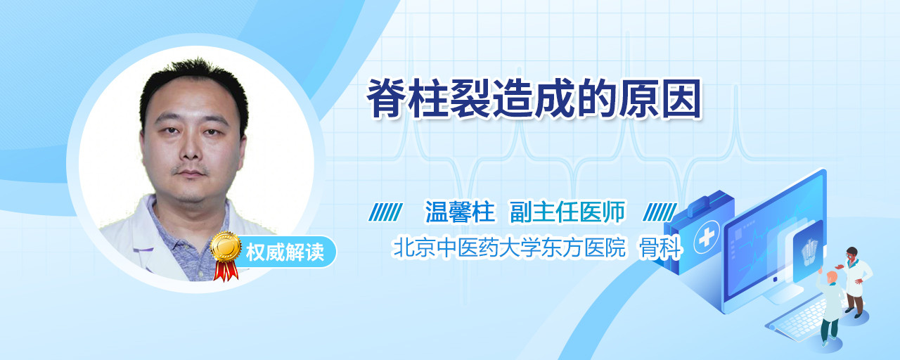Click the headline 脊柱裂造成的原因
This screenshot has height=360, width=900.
click(x=534, y=99)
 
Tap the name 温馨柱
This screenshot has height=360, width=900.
click(x=460, y=212)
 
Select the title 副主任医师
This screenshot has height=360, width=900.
click(x=567, y=212)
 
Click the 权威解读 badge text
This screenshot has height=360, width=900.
click(x=285, y=252)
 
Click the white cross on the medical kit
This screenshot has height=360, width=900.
click(x=706, y=238)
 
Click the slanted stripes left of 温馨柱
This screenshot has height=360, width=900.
click(x=385, y=212)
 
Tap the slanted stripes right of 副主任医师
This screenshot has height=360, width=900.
click(x=660, y=212)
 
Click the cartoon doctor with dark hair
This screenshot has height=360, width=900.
click(x=854, y=282)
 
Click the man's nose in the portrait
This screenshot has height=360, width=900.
click(x=191, y=148)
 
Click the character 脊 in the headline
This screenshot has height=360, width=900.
click(x=387, y=99)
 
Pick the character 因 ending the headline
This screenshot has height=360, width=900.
click(x=682, y=99)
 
